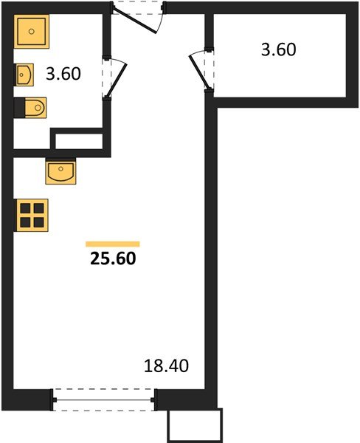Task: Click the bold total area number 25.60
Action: [113, 258]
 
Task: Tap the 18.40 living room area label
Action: [166, 366]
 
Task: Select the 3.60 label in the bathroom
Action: [63, 74]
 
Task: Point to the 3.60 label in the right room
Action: [279, 49]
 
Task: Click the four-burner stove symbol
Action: [32, 216]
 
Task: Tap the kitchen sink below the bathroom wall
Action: [60, 172]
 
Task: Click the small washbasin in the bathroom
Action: [25, 75]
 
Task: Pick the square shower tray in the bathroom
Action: [32, 31]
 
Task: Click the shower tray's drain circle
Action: [32, 31]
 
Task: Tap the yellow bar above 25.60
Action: [113, 244]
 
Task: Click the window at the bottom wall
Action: [104, 400]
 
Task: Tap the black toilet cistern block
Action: [19, 108]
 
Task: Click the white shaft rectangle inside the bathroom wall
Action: [79, 141]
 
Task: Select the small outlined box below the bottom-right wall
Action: [195, 426]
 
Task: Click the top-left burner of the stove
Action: [25, 208]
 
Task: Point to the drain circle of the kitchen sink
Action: [60, 169]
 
